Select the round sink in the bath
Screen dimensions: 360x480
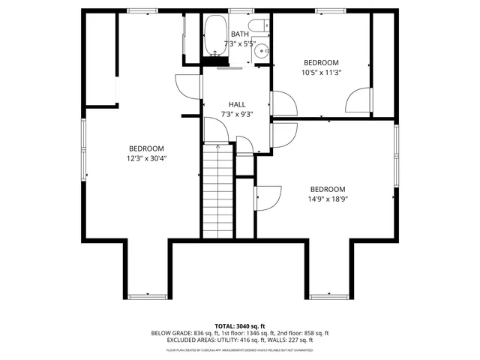click(260, 51)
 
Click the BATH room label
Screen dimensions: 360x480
click(240, 34)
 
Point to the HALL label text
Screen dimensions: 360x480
click(237, 104)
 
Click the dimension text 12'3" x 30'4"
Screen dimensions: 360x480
click(146, 158)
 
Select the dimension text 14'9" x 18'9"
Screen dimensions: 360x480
click(328, 199)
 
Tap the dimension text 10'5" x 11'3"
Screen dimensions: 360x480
click(321, 73)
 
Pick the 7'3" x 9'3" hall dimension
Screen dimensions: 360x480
click(237, 115)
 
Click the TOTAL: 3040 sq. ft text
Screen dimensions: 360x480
click(239, 325)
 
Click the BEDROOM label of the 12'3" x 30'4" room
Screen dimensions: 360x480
click(146, 148)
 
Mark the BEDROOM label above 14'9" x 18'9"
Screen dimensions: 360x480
click(328, 189)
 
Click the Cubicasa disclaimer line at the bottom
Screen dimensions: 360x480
click(239, 349)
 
